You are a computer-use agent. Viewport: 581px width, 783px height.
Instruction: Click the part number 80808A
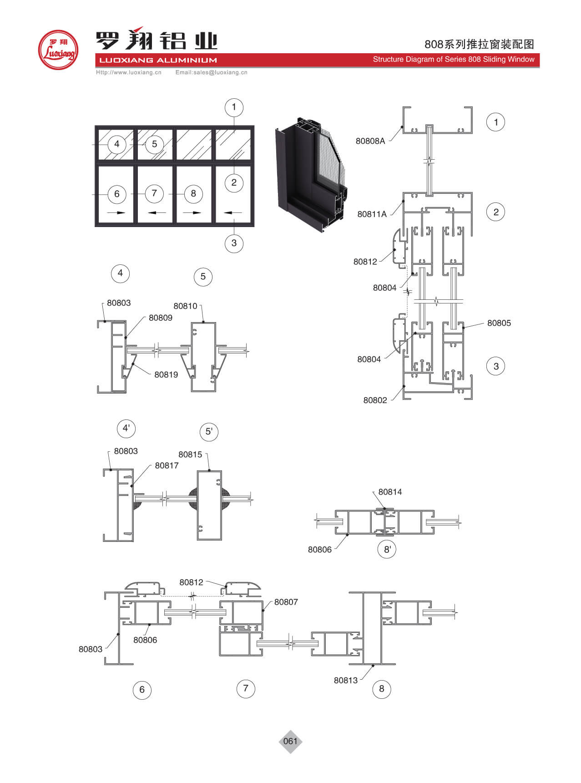pyautogui.click(x=370, y=141)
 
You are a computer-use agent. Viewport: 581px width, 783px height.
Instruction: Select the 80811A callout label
pyautogui.click(x=372, y=214)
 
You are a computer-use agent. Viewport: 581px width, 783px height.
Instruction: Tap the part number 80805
pyautogui.click(x=499, y=323)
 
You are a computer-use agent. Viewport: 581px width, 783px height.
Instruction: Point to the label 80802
pyautogui.click(x=375, y=400)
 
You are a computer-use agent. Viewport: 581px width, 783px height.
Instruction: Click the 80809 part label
pyautogui.click(x=160, y=318)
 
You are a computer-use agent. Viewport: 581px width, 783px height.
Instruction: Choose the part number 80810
pyautogui.click(x=185, y=306)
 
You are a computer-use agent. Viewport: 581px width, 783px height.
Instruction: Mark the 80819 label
pyautogui.click(x=166, y=375)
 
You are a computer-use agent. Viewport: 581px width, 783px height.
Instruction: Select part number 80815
pyautogui.click(x=190, y=455)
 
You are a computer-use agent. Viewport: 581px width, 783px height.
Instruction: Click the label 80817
pyautogui.click(x=167, y=465)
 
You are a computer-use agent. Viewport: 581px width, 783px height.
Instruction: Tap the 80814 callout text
pyautogui.click(x=390, y=492)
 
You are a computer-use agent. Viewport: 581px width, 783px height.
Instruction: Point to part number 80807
pyautogui.click(x=286, y=602)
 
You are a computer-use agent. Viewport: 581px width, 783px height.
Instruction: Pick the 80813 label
pyautogui.click(x=345, y=680)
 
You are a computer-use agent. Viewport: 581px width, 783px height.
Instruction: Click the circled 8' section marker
pyautogui.click(x=387, y=549)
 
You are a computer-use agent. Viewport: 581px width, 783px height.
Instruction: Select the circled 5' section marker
pyautogui.click(x=209, y=431)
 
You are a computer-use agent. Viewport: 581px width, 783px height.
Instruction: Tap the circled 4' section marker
pyautogui.click(x=126, y=428)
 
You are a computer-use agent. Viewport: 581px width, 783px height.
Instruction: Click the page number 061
pyautogui.click(x=290, y=741)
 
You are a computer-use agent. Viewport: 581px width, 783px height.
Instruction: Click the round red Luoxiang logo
pyautogui.click(x=58, y=50)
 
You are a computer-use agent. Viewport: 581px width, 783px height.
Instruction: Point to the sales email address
pyautogui.click(x=211, y=72)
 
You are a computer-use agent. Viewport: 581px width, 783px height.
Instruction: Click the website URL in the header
pyautogui.click(x=128, y=72)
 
